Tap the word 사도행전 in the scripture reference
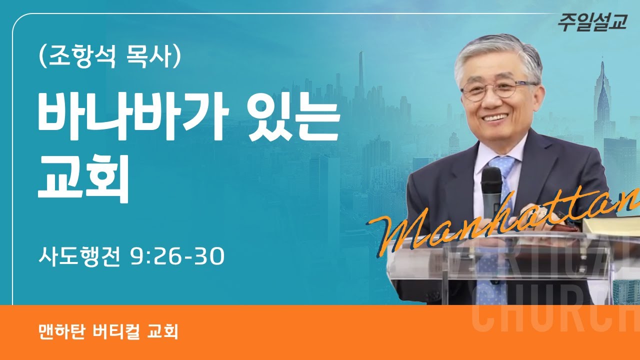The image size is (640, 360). point(80,257)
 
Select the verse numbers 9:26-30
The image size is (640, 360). point(176,257)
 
